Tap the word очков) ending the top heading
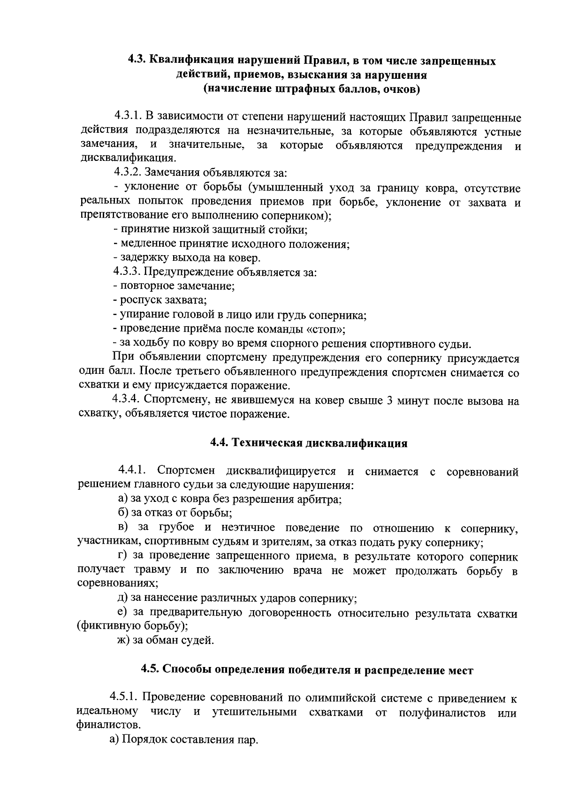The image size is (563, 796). tap(401, 89)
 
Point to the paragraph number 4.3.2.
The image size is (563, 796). tap(128, 172)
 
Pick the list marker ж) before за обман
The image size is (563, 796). tap(123, 640)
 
